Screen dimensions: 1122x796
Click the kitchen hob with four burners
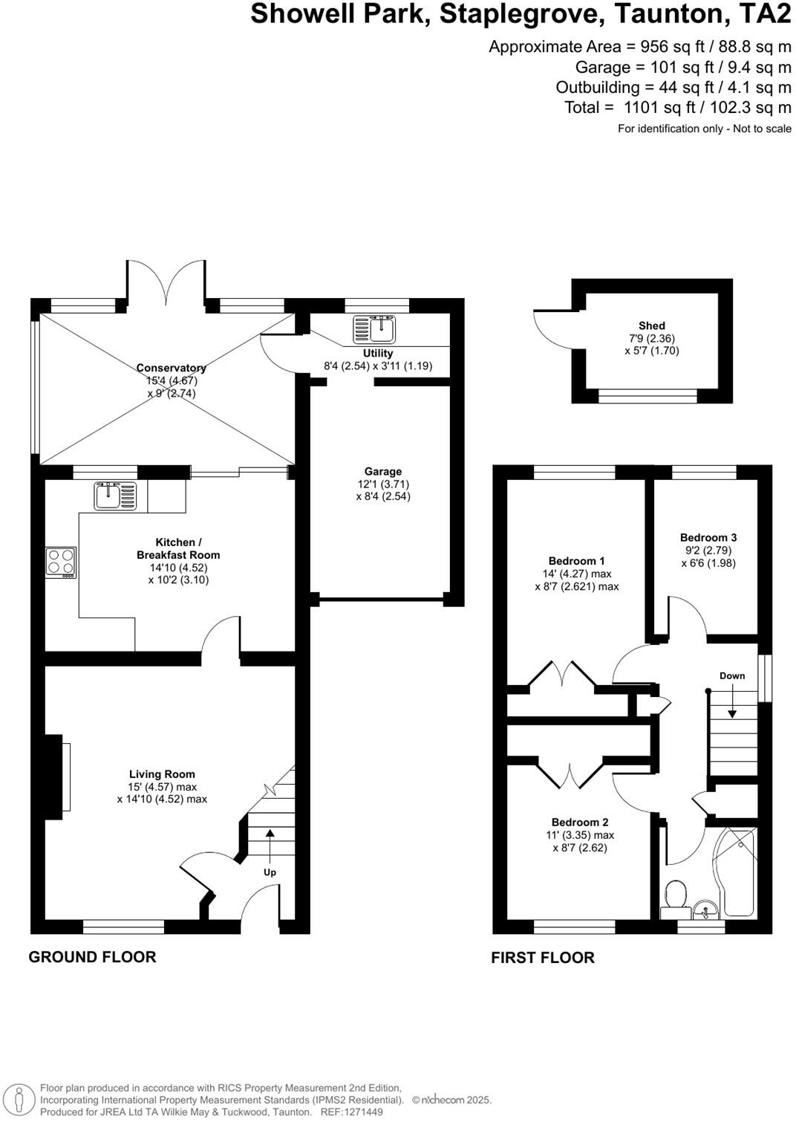point(60,562)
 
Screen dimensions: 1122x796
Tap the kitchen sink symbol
point(116,496)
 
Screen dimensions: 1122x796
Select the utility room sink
point(374,328)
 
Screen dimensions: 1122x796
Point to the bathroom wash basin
point(705,909)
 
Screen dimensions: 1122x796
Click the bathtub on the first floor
point(738,872)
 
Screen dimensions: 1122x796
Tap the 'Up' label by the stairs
point(270,872)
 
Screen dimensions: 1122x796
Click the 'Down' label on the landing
point(732,675)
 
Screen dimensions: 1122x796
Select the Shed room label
point(651,325)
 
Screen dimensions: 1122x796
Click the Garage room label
point(382,471)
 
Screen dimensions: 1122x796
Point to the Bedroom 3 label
point(708,537)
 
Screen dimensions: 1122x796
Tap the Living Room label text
point(162,774)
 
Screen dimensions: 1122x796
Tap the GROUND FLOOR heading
point(92,957)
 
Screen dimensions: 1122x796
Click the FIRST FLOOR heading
point(542,958)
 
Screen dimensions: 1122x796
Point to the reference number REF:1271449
point(351,1112)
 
